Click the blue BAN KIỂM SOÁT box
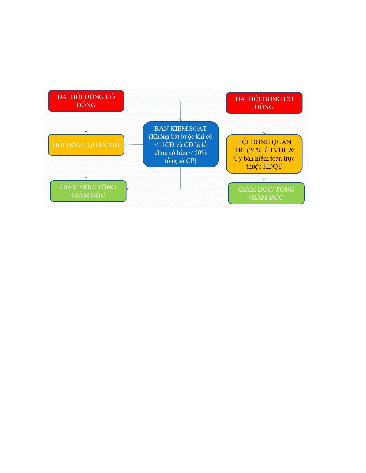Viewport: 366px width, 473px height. click(x=181, y=144)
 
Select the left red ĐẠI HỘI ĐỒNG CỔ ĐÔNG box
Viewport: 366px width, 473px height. click(x=86, y=101)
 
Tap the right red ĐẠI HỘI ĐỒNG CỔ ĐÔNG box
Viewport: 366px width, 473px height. click(x=264, y=103)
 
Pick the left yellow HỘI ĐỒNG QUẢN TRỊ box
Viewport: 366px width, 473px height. click(x=86, y=145)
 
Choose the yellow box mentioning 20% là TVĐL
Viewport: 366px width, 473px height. click(x=264, y=154)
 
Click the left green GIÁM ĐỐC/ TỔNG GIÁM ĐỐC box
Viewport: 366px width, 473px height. click(x=88, y=191)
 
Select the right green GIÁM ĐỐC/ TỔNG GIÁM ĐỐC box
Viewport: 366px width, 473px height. click(x=266, y=193)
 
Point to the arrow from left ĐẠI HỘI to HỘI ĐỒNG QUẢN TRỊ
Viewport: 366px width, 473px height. click(x=86, y=122)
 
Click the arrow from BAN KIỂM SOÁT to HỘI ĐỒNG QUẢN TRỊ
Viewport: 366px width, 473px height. click(x=133, y=145)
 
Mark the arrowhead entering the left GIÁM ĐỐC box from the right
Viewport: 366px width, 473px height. click(x=128, y=189)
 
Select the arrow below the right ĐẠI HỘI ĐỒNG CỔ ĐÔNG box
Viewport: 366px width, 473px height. click(x=264, y=124)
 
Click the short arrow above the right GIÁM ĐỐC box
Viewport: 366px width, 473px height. click(x=264, y=178)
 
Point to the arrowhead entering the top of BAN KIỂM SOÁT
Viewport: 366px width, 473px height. click(x=181, y=120)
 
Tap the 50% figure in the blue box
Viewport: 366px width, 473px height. click(x=200, y=153)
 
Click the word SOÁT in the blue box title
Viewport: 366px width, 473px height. click(x=197, y=129)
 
